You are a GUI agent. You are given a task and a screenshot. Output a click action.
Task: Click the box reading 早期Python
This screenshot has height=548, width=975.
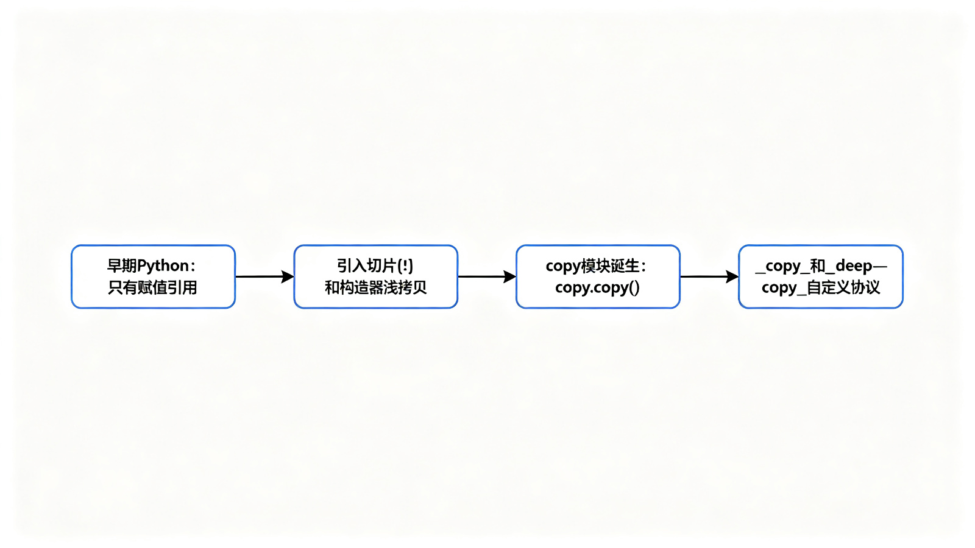click(x=153, y=276)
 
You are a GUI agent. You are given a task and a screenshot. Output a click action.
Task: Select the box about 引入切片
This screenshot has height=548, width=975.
click(x=375, y=276)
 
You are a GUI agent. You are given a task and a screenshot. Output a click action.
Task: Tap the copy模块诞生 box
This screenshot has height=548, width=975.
click(x=598, y=276)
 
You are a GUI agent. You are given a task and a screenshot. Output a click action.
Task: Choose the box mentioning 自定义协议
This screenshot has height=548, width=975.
click(x=821, y=276)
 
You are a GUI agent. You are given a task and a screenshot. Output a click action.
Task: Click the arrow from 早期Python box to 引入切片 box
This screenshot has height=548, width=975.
click(x=264, y=276)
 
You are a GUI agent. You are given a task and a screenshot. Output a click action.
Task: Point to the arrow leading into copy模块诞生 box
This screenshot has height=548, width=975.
click(x=487, y=276)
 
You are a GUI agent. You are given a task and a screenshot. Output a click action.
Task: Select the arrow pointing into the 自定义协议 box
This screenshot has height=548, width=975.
click(x=709, y=276)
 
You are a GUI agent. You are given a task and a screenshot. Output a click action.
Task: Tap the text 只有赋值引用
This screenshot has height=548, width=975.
click(x=152, y=287)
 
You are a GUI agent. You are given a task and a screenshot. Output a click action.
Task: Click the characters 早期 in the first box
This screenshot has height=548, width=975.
click(x=122, y=265)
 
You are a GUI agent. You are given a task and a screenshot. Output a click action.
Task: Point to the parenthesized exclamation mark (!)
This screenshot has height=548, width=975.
click(x=405, y=265)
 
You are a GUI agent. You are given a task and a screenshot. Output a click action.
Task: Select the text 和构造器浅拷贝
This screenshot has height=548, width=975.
click(x=375, y=287)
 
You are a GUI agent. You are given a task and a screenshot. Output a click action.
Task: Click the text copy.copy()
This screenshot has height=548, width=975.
click(x=598, y=288)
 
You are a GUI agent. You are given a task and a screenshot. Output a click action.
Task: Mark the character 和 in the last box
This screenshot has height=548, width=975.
click(x=817, y=265)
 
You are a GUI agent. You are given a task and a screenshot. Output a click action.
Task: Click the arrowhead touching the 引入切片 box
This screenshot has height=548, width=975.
click(x=288, y=276)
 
